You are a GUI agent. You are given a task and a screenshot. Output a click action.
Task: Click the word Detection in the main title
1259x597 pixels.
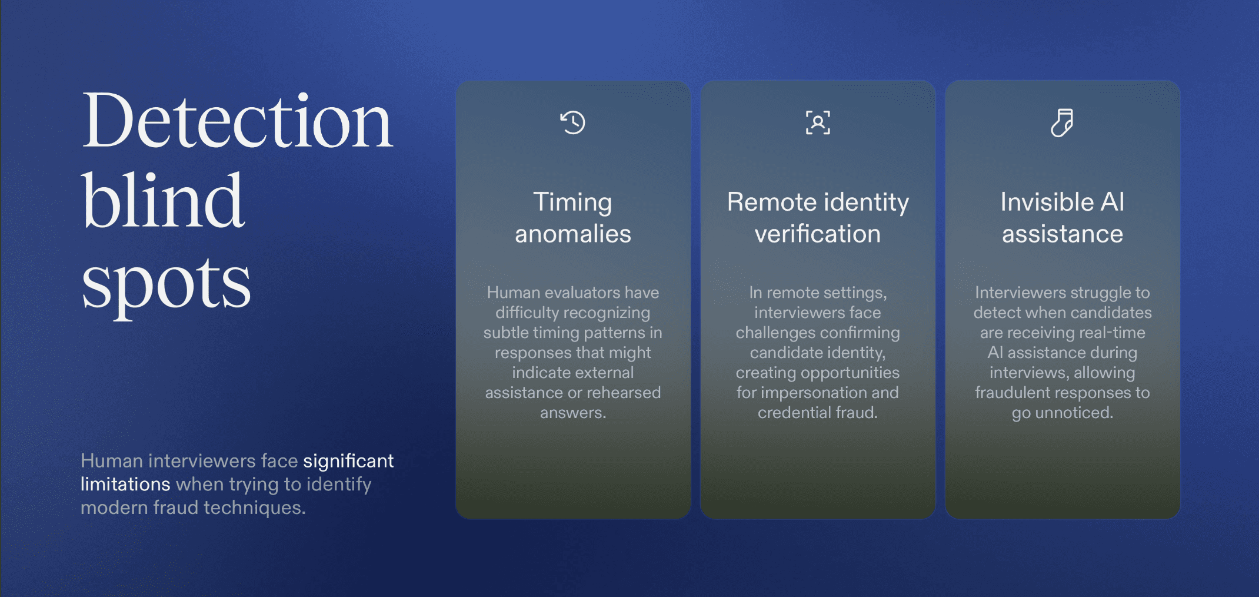pos(237,120)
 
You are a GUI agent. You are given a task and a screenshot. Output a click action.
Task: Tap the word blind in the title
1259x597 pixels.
pos(162,200)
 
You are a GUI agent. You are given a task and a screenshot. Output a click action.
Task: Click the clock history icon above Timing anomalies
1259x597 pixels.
pos(572,122)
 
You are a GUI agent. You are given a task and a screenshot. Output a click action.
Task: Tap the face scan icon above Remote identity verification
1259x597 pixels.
pos(818,122)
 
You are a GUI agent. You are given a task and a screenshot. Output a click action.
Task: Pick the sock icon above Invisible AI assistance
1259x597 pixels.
pos(1062,122)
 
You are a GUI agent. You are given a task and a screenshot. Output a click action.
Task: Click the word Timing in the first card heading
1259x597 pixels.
pos(572,203)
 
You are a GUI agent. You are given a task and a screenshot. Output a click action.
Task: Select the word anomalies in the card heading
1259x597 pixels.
pos(573,234)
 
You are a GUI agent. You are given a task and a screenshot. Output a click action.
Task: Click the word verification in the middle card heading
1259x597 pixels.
pos(818,234)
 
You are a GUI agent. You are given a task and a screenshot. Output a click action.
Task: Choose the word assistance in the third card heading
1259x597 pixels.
pos(1063,234)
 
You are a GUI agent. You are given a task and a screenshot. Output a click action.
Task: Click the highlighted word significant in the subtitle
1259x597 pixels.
pos(348,461)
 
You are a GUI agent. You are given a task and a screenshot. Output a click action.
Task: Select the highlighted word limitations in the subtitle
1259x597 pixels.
pos(125,484)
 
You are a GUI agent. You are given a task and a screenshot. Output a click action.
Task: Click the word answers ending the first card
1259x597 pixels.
pos(573,413)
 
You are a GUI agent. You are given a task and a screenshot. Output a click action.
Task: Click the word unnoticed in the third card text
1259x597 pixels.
pos(1074,413)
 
